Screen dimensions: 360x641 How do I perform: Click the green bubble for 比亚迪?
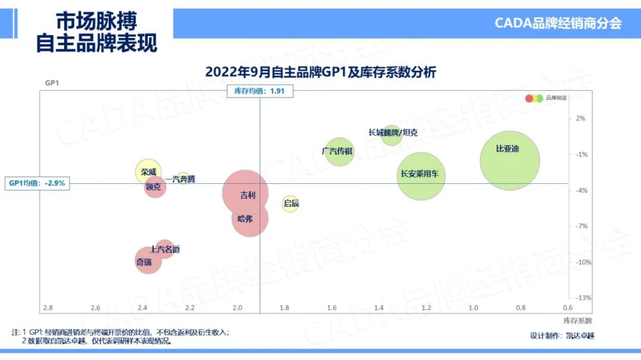(x=509, y=161)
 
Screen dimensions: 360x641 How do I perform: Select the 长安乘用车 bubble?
(x=421, y=175)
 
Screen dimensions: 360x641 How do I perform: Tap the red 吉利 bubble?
(x=245, y=193)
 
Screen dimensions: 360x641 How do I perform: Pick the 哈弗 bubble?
(x=250, y=218)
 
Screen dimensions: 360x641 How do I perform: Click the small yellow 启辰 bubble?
(x=290, y=204)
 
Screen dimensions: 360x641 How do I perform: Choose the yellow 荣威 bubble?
(x=148, y=172)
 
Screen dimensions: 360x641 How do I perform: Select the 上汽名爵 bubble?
(x=165, y=249)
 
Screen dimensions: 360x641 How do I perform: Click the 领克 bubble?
(x=155, y=187)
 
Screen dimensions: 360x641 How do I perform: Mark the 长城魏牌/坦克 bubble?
(x=391, y=134)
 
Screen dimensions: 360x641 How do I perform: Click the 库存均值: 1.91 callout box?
(x=260, y=91)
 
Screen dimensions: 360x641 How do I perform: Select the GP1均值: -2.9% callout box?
(x=37, y=183)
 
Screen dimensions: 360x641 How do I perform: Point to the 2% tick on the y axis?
(x=580, y=118)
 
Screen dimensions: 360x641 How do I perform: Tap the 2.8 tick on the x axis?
(x=47, y=308)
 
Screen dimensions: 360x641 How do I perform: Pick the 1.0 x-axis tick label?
(x=473, y=308)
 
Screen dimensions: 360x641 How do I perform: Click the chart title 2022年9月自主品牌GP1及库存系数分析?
(x=320, y=72)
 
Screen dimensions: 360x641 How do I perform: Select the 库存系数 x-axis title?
(x=577, y=320)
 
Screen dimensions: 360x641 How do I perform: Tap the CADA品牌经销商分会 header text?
(x=558, y=23)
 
